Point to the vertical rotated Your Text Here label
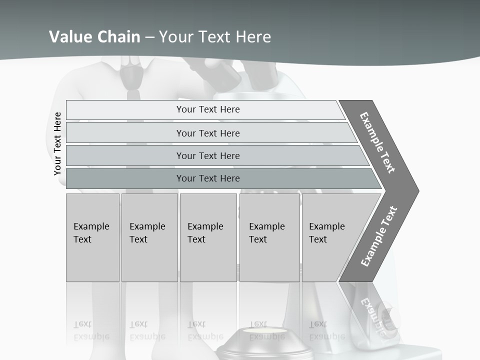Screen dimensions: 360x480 tap(57, 144)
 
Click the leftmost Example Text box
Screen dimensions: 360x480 tap(92, 237)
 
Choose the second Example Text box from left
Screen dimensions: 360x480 tap(149, 237)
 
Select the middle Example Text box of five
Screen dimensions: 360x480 tap(208, 237)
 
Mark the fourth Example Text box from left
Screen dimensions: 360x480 tap(269, 237)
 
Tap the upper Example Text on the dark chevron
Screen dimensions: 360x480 tap(377, 142)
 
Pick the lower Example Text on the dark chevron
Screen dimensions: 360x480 tap(378, 236)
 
